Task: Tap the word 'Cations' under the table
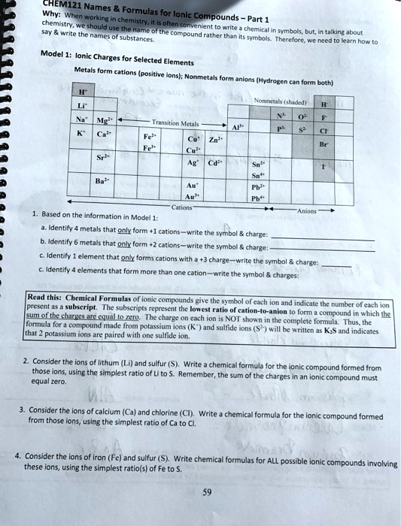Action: [183, 207]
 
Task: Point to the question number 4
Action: [18, 455]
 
